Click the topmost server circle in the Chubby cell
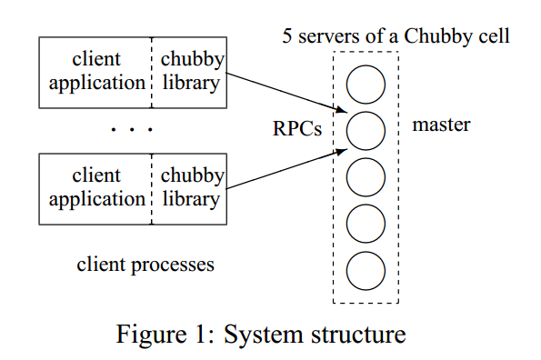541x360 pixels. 366,85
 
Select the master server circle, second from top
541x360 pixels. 366,130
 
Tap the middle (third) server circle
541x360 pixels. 366,175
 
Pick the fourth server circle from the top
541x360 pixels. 366,222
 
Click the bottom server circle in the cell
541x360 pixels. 366,268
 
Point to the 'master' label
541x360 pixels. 441,125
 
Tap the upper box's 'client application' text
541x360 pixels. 96,71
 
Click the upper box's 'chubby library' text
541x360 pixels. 189,71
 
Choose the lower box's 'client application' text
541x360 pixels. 96,186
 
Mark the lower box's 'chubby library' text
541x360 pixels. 189,186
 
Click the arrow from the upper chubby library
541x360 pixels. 286,95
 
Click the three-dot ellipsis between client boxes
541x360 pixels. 132,130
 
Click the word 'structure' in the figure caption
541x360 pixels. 356,334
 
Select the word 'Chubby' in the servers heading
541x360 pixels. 440,37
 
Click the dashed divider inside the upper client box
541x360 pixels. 150,71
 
